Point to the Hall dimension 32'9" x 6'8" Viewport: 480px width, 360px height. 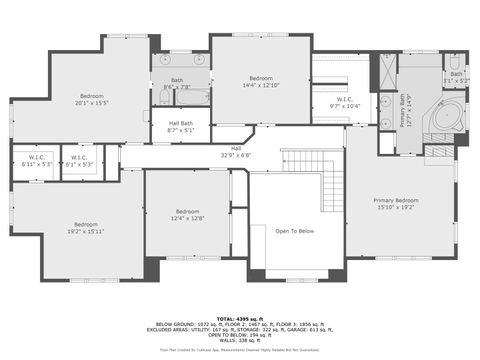click(235, 155)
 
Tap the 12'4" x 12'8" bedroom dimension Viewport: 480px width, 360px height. click(188, 218)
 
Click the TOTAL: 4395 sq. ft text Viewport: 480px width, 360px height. click(240, 318)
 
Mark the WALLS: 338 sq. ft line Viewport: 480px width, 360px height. click(240, 340)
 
